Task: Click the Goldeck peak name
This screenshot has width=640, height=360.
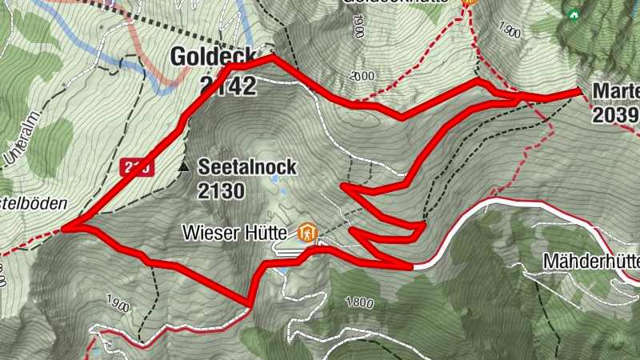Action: point(212,58)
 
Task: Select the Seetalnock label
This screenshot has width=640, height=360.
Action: point(247,167)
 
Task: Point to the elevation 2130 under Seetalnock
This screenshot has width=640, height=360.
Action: point(224,190)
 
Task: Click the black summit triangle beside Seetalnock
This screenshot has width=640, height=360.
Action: point(185,168)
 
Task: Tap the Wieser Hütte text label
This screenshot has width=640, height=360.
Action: point(238,234)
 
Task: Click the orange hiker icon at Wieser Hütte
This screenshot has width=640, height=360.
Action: point(307,234)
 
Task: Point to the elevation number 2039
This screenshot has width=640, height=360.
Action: point(615,115)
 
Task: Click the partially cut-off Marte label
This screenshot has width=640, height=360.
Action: point(616,90)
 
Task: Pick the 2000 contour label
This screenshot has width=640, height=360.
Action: point(362,76)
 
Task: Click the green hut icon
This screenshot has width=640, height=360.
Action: point(573,14)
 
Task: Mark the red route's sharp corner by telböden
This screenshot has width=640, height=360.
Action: point(63,229)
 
